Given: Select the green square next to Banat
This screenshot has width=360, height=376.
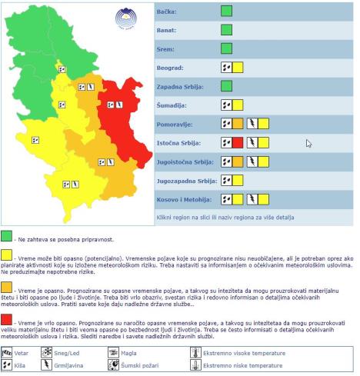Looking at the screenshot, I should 226,30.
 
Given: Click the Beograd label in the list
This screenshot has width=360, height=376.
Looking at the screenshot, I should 172,68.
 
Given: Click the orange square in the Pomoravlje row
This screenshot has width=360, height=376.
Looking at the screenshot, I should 238,124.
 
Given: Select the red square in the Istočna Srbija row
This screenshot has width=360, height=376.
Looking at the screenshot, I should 238,142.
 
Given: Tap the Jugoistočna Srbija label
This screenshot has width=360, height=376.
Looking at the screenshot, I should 185,161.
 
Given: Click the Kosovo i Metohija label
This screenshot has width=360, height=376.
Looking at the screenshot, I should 183,199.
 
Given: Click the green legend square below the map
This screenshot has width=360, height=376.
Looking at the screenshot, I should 7,235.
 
